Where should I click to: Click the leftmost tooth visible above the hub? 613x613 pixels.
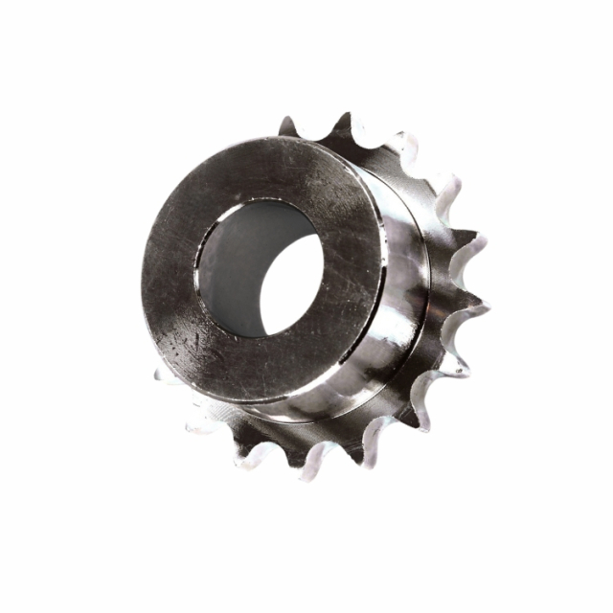pyautogui.click(x=287, y=126)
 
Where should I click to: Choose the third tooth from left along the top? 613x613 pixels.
pyautogui.click(x=402, y=144)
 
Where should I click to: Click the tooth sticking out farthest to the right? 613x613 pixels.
pyautogui.click(x=480, y=306)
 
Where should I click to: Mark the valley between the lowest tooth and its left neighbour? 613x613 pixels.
pyautogui.click(x=283, y=450)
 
